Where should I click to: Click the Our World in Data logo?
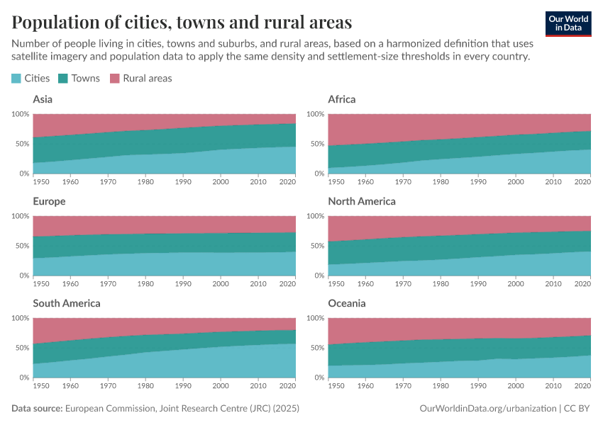pos(568,23)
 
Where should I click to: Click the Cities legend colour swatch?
pos(17,79)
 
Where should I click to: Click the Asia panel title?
pos(43,99)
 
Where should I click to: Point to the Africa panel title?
pos(342,99)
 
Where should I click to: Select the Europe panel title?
pos(49,201)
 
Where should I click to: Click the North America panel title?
pos(362,201)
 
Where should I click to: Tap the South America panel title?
pos(67,303)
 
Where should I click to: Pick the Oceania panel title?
pos(347,303)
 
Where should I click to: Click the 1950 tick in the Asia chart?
pos(40,181)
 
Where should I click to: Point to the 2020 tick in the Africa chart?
pos(582,181)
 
